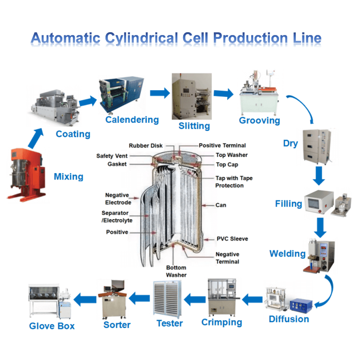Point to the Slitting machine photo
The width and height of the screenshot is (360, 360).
(x=192, y=97)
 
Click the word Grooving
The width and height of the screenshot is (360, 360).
(x=259, y=120)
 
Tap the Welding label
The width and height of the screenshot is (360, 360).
(x=287, y=254)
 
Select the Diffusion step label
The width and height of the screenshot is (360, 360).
(x=289, y=319)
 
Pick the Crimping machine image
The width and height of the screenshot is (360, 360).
(x=224, y=297)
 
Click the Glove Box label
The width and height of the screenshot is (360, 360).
(x=52, y=326)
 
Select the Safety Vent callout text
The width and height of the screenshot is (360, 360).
(x=112, y=156)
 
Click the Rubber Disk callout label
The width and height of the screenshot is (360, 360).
(x=145, y=146)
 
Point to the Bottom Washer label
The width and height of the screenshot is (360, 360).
(x=176, y=271)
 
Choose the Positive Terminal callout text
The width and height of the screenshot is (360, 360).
(x=222, y=146)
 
